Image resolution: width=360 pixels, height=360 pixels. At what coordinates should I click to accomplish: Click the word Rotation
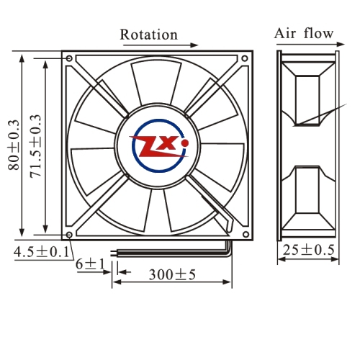[149, 35]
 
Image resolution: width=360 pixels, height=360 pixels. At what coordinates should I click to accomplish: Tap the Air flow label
[304, 33]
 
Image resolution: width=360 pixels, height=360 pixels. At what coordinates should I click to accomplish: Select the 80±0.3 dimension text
[14, 145]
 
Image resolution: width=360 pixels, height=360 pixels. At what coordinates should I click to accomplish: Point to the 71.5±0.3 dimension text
[35, 146]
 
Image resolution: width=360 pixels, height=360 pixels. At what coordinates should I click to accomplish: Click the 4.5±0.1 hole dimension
[42, 252]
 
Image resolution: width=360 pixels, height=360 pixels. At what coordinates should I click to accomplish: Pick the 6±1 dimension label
[91, 264]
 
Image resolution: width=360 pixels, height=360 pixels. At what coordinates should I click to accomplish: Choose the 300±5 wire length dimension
[172, 274]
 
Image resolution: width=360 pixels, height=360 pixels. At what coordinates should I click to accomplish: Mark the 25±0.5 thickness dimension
[308, 250]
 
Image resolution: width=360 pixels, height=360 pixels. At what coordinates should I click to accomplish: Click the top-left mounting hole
[69, 58]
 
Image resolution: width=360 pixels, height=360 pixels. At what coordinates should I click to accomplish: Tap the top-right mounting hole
[245, 58]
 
